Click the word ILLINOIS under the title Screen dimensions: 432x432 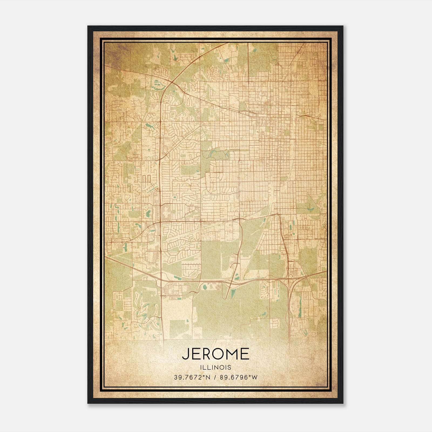pos(215,367)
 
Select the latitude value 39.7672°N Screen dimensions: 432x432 pos(192,377)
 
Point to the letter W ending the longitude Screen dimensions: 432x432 pos(255,377)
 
